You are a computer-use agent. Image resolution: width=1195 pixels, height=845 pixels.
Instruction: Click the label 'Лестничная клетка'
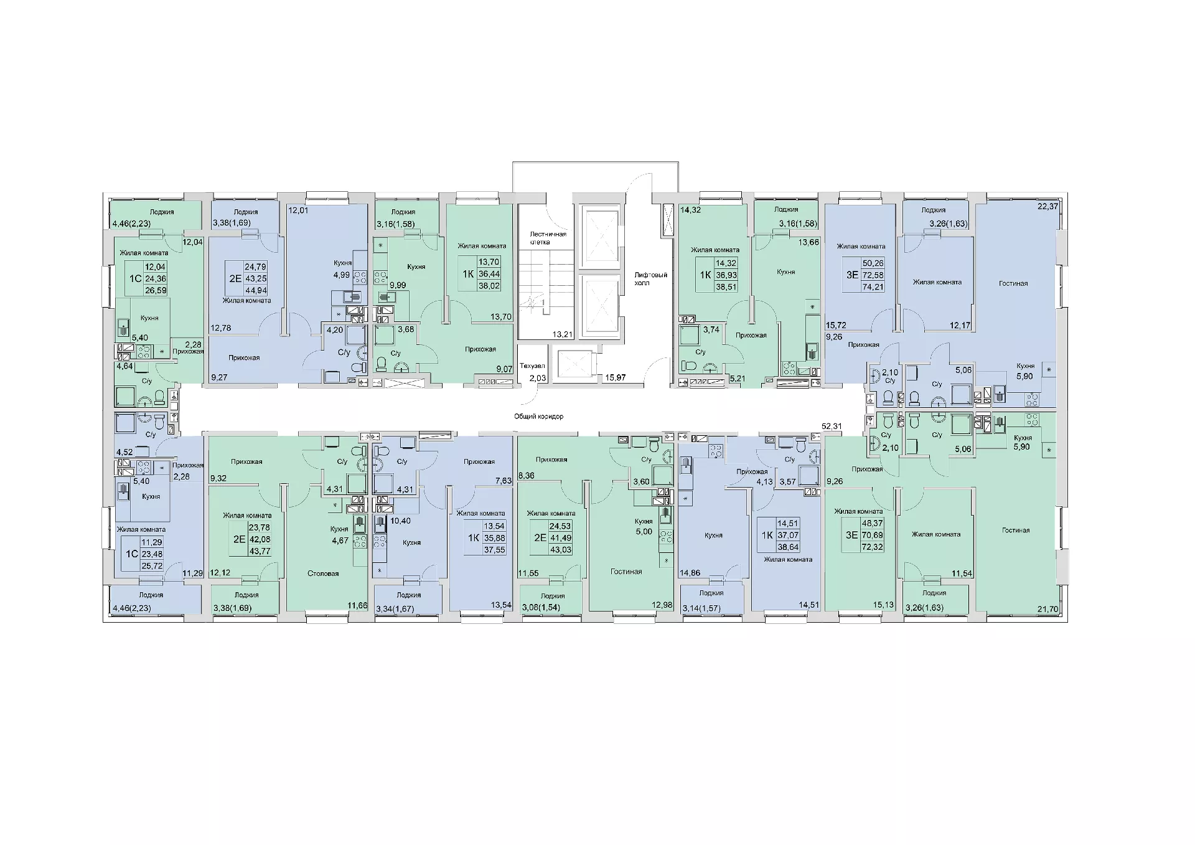(x=548, y=238)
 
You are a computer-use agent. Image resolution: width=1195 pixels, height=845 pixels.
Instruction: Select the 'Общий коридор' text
(x=539, y=416)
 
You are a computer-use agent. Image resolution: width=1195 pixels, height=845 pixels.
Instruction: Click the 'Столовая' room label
(x=323, y=574)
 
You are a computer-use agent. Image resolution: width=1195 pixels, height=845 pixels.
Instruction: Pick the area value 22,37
(x=1048, y=206)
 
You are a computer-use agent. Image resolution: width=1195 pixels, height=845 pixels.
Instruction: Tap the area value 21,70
(x=1048, y=609)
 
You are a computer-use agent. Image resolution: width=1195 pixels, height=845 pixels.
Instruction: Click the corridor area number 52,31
(x=832, y=427)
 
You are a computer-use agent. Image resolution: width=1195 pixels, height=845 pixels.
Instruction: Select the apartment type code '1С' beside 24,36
(x=135, y=279)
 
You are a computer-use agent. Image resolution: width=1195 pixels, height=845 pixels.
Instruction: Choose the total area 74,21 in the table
(x=873, y=287)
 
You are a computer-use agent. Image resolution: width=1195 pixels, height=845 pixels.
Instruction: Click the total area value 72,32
(x=872, y=547)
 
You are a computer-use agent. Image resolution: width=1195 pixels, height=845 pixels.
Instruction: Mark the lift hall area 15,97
(x=616, y=377)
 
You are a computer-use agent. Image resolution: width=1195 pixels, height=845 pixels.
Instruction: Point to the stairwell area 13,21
(x=563, y=334)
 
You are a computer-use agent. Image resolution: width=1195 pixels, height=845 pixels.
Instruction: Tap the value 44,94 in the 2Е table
(x=256, y=290)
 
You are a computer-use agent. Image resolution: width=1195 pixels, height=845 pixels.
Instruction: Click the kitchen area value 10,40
(x=400, y=521)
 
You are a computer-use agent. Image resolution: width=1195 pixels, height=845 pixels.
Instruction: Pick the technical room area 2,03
(x=537, y=378)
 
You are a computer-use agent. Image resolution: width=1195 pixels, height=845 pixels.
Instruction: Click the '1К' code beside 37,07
(x=767, y=535)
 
